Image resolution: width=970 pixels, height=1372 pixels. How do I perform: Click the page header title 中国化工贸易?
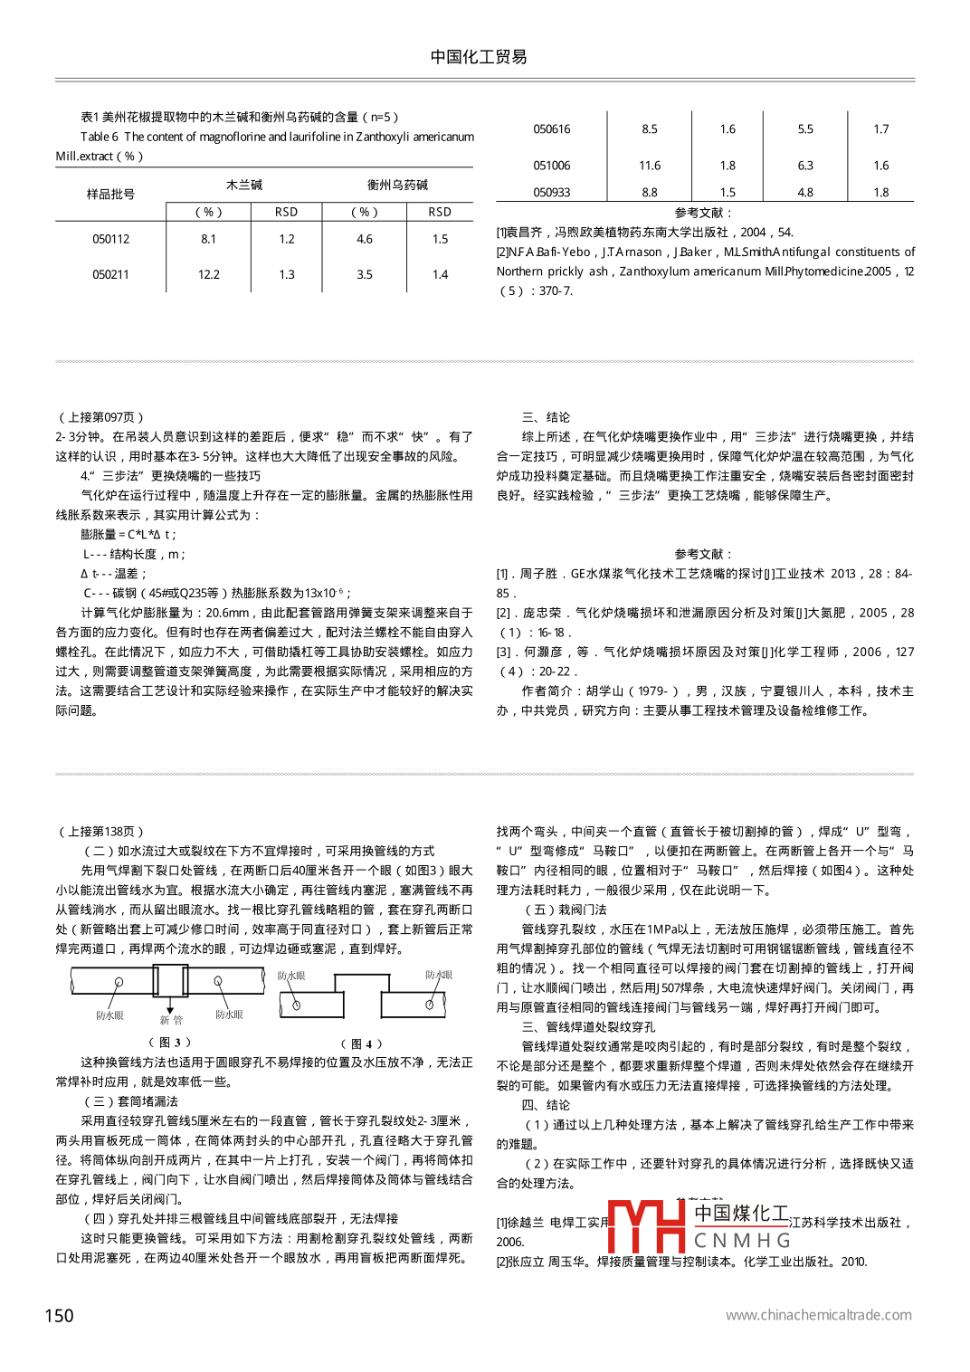[479, 57]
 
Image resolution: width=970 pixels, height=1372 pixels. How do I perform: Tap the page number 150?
[60, 1315]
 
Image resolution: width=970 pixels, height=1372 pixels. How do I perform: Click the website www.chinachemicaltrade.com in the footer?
[818, 1315]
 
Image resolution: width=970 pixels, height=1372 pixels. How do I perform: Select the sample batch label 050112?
[110, 239]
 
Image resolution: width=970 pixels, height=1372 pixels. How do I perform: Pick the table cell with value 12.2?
[208, 274]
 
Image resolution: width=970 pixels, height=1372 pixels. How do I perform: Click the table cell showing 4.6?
[364, 239]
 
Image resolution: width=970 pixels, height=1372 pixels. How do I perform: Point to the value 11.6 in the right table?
[649, 166]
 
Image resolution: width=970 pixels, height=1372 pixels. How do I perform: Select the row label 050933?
[551, 193]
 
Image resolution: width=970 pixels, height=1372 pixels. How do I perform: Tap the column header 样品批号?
[110, 194]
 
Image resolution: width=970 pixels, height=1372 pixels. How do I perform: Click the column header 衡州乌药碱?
[397, 185]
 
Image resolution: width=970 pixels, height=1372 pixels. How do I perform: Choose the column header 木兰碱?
[244, 185]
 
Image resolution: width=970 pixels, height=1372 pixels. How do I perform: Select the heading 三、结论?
[546, 417]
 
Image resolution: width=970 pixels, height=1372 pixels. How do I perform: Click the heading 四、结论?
[546, 1104]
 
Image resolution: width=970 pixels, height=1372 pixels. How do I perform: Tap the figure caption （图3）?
[170, 1042]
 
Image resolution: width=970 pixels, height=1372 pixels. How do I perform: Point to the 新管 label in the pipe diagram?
[171, 1020]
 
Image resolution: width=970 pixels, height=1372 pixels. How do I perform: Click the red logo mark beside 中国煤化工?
[646, 1225]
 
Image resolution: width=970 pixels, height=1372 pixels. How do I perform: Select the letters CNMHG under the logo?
[743, 1240]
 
